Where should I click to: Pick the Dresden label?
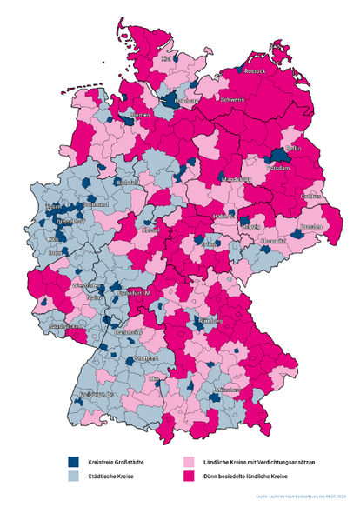click(x=310, y=228)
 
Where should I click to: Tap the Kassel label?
click(x=150, y=231)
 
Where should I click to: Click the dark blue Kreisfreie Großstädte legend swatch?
click(x=75, y=462)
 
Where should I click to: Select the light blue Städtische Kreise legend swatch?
click(x=75, y=477)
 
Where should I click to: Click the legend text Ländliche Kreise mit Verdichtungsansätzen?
click(x=247, y=462)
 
